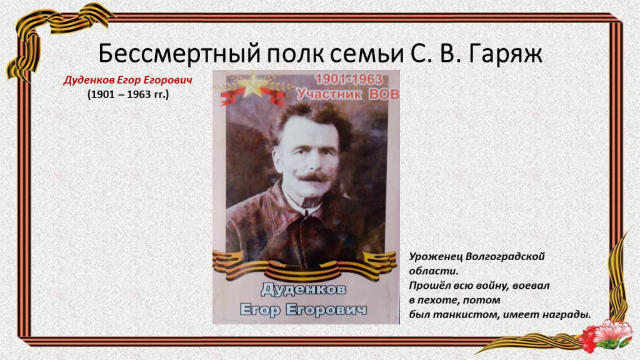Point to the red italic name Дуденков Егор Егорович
click(127, 80)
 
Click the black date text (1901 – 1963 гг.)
click(127, 94)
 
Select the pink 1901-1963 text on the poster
click(349, 79)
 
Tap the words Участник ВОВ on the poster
click(347, 94)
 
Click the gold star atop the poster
click(253, 84)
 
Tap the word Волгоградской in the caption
click(505, 257)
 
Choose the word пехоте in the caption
click(437, 301)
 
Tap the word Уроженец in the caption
click(436, 257)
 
